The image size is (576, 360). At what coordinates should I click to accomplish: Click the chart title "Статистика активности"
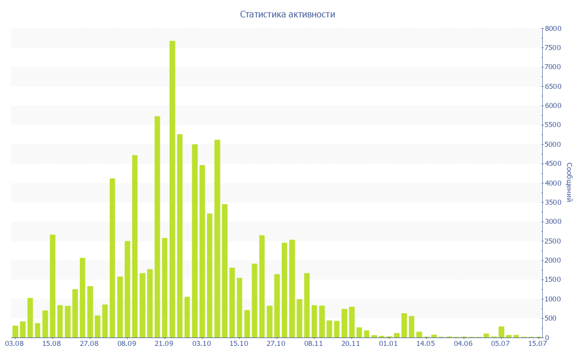click(287, 14)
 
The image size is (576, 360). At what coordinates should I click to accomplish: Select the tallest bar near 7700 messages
click(172, 189)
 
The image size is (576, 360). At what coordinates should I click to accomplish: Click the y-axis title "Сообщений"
click(569, 182)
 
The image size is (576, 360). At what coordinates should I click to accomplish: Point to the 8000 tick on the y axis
click(553, 28)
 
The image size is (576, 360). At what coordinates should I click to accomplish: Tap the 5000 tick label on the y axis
click(553, 145)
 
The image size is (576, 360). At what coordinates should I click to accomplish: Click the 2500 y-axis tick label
click(553, 241)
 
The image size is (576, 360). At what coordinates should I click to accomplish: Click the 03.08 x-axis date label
click(14, 343)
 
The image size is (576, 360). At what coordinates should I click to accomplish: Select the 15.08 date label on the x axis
click(52, 343)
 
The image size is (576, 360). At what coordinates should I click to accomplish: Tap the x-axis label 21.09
click(164, 343)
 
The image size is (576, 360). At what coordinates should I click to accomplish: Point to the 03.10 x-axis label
click(201, 343)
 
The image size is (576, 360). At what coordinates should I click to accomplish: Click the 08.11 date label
click(313, 343)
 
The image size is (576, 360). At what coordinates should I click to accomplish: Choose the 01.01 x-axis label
click(388, 343)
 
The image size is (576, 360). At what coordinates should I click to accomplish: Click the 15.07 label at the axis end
click(538, 343)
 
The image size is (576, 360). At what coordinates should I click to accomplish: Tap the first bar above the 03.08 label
click(15, 331)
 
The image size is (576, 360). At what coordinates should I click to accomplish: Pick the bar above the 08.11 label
click(314, 321)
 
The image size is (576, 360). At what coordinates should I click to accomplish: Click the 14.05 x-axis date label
click(426, 343)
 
